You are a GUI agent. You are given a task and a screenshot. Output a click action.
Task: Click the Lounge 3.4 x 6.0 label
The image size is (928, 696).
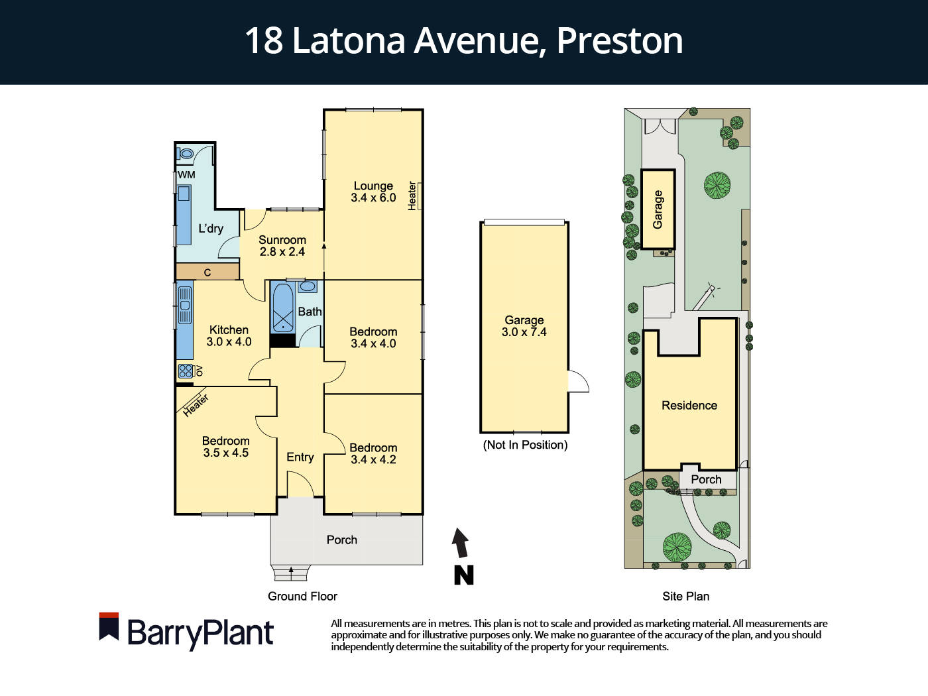pyautogui.click(x=373, y=192)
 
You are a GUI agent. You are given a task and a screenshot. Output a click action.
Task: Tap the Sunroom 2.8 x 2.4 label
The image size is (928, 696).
pyautogui.click(x=282, y=246)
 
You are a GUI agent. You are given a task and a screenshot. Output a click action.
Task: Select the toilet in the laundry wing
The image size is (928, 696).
pyautogui.click(x=186, y=154)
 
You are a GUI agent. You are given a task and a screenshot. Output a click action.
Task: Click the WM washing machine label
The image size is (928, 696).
pyautogui.click(x=187, y=175)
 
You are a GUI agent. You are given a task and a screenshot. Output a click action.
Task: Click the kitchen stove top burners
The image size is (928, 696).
pyautogui.click(x=186, y=371)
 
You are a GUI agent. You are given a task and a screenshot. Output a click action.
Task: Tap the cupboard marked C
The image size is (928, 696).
pyautogui.click(x=207, y=272)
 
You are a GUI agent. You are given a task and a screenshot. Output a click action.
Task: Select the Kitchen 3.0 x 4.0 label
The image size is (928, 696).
pyautogui.click(x=229, y=335)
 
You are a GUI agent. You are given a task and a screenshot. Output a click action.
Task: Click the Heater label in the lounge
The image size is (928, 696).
pyautogui.click(x=412, y=196)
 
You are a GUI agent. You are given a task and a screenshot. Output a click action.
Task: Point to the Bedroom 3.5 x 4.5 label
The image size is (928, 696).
pyautogui.click(x=225, y=447)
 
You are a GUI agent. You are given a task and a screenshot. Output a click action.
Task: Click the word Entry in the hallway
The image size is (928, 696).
pyautogui.click(x=300, y=457)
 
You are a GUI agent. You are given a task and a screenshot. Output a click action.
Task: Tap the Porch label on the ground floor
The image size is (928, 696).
pyautogui.click(x=341, y=540)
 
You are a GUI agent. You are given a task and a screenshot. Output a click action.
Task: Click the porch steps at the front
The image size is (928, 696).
pyautogui.click(x=291, y=572)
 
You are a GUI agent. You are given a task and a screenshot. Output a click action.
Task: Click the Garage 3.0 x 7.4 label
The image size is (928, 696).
pyautogui.click(x=524, y=326)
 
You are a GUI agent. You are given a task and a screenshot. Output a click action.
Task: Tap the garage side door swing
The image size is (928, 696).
pyautogui.click(x=578, y=382)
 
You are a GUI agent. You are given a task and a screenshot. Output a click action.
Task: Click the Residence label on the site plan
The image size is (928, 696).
pyautogui.click(x=689, y=406)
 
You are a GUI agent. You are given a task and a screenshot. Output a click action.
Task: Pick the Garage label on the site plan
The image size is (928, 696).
pyautogui.click(x=658, y=209)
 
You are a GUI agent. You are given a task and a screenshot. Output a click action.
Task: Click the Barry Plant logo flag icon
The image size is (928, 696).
pyautogui.click(x=109, y=626)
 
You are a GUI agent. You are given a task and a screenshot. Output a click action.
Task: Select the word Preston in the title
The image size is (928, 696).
pyautogui.click(x=619, y=40)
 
